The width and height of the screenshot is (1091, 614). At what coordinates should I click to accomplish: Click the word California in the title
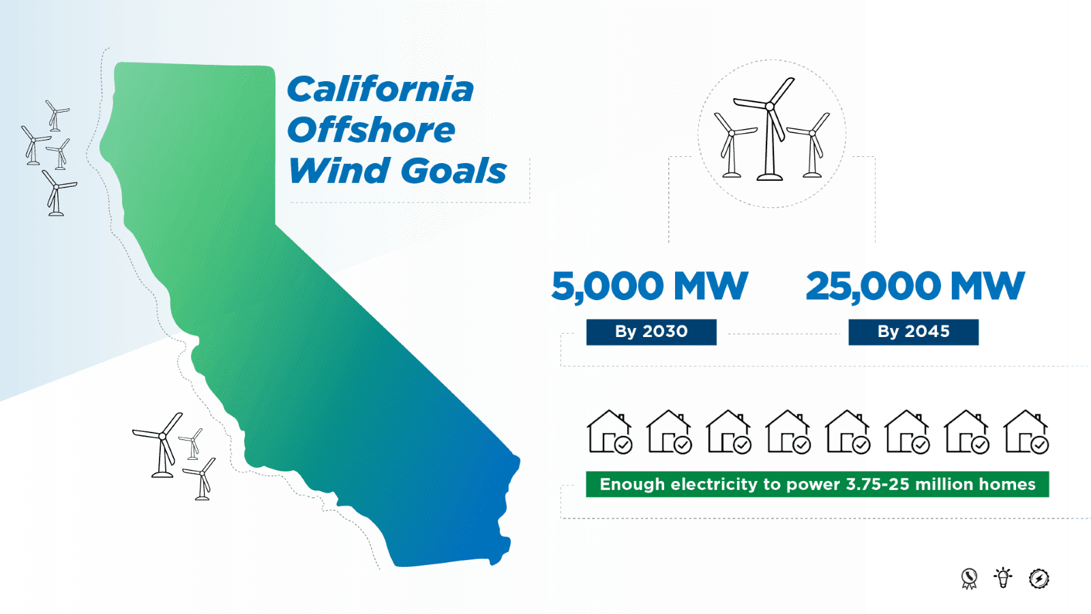(380, 89)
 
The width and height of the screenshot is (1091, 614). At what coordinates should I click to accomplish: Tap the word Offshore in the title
(371, 130)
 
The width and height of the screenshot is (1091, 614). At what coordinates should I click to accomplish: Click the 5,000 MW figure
(649, 286)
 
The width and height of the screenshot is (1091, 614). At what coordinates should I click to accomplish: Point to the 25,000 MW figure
(914, 286)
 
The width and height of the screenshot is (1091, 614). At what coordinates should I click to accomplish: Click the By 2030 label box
(651, 332)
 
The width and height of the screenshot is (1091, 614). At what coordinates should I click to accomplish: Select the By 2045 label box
(913, 332)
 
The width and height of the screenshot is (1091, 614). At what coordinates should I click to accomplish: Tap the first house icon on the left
(609, 432)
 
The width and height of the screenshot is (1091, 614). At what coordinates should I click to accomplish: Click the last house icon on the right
(1026, 432)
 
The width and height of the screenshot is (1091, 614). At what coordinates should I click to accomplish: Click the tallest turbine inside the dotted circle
(770, 130)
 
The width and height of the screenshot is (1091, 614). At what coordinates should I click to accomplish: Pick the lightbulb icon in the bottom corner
(1002, 578)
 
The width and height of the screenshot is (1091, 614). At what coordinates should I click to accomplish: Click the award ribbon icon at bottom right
(969, 579)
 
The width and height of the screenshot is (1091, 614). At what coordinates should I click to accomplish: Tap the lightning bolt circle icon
(1038, 579)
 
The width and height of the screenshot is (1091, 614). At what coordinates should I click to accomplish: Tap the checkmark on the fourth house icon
(802, 445)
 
